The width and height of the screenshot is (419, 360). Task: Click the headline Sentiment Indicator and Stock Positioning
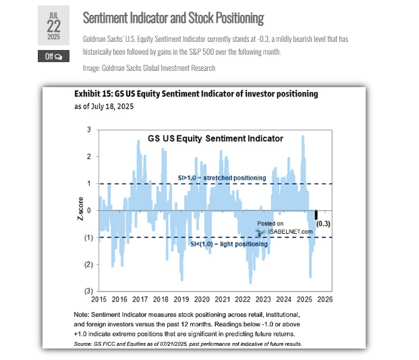(x=173, y=18)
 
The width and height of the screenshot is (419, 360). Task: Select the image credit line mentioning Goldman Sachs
(x=148, y=68)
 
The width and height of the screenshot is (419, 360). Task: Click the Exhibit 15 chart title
(x=196, y=94)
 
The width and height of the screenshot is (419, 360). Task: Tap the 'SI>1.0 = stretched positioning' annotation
(x=221, y=178)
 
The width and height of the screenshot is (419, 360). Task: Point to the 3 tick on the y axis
(x=88, y=129)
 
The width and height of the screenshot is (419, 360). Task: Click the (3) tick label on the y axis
(x=87, y=291)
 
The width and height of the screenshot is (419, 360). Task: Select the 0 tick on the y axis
(x=88, y=210)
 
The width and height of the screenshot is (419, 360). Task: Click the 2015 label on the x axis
(x=99, y=299)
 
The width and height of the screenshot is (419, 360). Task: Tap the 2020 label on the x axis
(x=202, y=299)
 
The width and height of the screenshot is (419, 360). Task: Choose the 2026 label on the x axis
(x=325, y=299)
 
